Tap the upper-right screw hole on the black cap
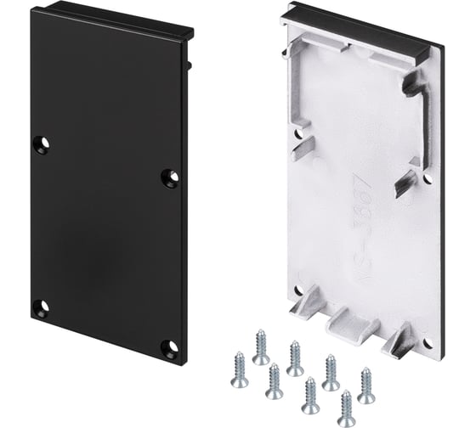[x=170, y=177]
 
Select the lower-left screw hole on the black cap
[x=40, y=307]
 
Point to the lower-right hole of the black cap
[x=170, y=347]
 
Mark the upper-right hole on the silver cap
[x=426, y=179]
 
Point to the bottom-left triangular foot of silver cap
[x=307, y=306]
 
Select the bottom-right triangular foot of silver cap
[x=399, y=341]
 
